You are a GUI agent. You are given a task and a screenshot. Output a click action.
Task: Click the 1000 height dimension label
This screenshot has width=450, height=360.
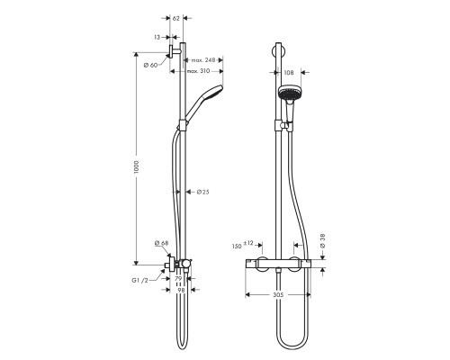(137, 168)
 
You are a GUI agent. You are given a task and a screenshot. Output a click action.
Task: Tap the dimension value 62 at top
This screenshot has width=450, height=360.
(175, 18)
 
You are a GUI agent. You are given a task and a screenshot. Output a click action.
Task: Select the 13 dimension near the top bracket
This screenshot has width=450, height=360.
(157, 38)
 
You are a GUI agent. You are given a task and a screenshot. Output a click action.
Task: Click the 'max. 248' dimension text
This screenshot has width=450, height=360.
(203, 60)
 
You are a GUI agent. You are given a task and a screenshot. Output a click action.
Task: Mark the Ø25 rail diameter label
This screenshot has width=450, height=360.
(203, 191)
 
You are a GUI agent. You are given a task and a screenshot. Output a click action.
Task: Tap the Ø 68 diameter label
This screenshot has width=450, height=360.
(161, 242)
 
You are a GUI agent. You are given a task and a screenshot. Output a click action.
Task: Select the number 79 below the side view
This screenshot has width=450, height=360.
(179, 280)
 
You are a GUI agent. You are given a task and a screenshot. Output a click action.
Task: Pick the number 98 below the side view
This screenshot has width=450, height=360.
(179, 291)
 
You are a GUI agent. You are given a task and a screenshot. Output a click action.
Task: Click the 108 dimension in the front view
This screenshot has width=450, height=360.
(288, 71)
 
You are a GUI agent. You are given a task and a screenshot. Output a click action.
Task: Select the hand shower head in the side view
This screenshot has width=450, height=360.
(203, 96)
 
